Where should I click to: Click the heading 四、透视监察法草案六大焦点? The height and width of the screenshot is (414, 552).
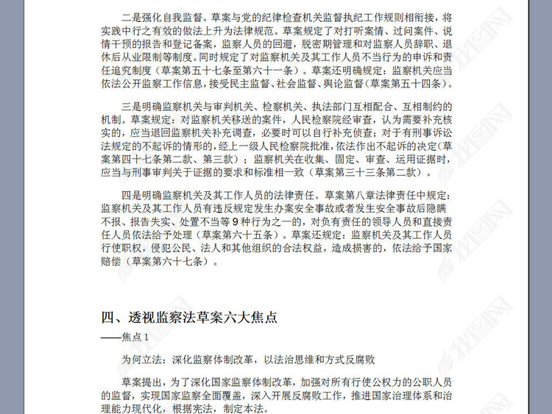188,318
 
